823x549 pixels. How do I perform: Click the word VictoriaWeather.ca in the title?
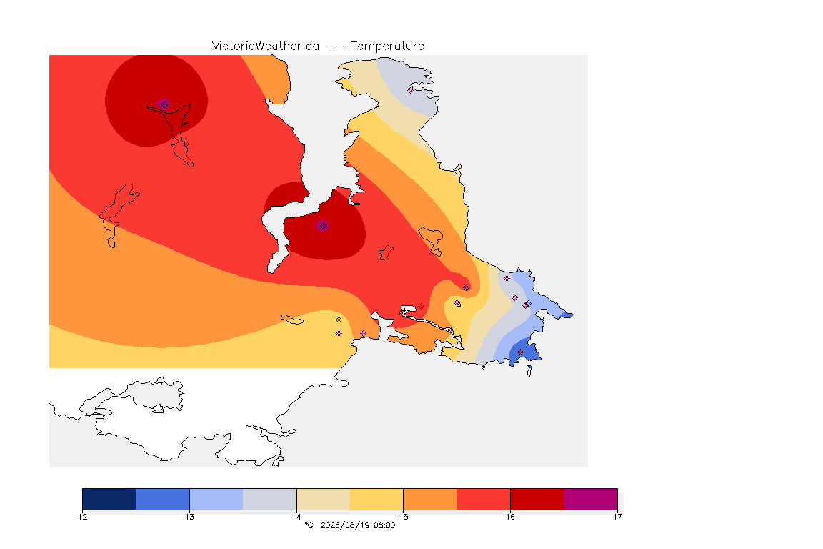coord(266,46)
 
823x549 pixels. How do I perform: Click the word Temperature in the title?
coord(387,46)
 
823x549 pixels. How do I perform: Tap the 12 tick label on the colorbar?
coord(83,517)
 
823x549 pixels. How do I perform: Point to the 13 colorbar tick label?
coord(189,517)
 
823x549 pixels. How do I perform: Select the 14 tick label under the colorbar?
coord(296,517)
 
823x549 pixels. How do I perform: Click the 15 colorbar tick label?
coord(403,517)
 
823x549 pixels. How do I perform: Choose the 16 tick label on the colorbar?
coord(510,517)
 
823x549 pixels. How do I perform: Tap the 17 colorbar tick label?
coord(617,517)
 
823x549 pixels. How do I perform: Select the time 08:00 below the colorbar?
coord(384,525)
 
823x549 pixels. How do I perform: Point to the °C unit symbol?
coord(309,525)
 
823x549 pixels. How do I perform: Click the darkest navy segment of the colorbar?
coord(109,499)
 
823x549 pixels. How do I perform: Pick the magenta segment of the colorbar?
coord(591,499)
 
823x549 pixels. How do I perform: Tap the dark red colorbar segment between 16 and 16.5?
coord(537,499)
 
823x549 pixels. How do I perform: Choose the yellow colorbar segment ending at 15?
coord(376,499)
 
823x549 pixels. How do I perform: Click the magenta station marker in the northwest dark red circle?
coord(164,104)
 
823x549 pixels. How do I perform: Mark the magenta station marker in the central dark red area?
coord(323,226)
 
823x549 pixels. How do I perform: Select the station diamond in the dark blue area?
coord(520,352)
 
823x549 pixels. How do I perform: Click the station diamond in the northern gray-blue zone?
coord(411,90)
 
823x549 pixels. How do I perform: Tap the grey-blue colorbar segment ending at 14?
coord(270,499)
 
